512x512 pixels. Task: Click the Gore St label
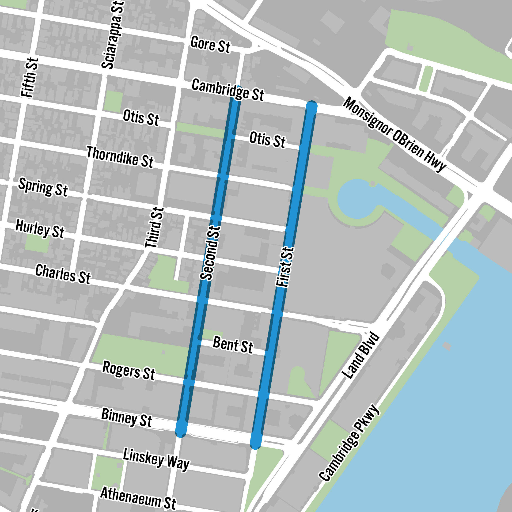point(210,45)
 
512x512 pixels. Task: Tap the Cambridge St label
point(228,90)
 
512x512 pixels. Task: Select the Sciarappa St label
point(112,35)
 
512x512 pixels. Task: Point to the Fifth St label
point(30,77)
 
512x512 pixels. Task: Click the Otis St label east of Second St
point(267,140)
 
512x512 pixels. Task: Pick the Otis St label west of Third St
point(141,118)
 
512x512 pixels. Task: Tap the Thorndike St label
point(120,157)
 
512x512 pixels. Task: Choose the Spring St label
point(43,187)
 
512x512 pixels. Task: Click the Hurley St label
point(40,229)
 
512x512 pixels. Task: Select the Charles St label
point(63,274)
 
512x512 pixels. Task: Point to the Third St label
point(155,227)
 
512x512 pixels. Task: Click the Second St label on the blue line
point(210,253)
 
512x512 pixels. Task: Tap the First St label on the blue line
point(285,267)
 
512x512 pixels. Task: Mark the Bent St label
point(233,345)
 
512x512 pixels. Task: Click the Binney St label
point(126,417)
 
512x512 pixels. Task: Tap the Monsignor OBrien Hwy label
point(394,134)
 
